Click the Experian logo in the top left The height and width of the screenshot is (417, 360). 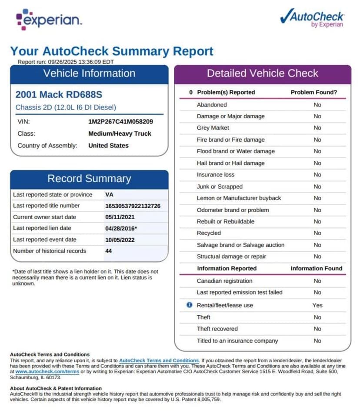pyautogui.click(x=49, y=20)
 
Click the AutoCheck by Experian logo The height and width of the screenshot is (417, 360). pyautogui.click(x=312, y=19)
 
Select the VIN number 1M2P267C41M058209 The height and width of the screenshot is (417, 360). pyautogui.click(x=120, y=122)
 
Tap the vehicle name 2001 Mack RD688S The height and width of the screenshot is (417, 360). pyautogui.click(x=59, y=94)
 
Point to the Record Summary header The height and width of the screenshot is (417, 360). pyautogui.click(x=89, y=179)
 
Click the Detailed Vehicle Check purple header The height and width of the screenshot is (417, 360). pyautogui.click(x=263, y=73)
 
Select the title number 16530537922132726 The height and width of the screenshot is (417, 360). pyautogui.click(x=133, y=206)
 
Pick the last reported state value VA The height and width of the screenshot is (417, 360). pyautogui.click(x=109, y=194)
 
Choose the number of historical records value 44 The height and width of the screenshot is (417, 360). pyautogui.click(x=108, y=251)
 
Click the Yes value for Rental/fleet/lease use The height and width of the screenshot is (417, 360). pyautogui.click(x=317, y=305)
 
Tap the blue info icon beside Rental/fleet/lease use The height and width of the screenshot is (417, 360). pyautogui.click(x=189, y=305)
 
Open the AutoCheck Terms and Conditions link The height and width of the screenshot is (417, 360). pyautogui.click(x=159, y=360)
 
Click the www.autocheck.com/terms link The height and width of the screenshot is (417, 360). pyautogui.click(x=47, y=372)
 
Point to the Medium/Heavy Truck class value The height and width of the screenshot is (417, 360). pyautogui.click(x=120, y=133)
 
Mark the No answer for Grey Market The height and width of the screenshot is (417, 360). pyautogui.click(x=317, y=128)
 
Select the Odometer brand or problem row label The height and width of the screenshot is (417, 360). pyautogui.click(x=233, y=210)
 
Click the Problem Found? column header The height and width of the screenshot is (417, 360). pyautogui.click(x=314, y=92)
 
